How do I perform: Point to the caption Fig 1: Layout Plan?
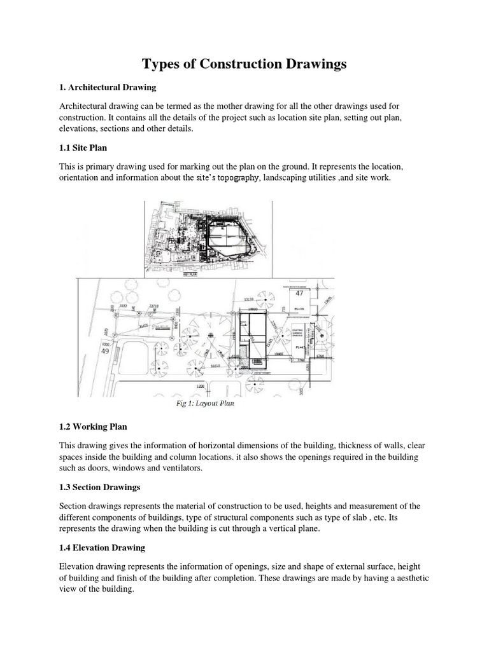point(204,402)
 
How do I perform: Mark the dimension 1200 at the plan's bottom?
point(201,386)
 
